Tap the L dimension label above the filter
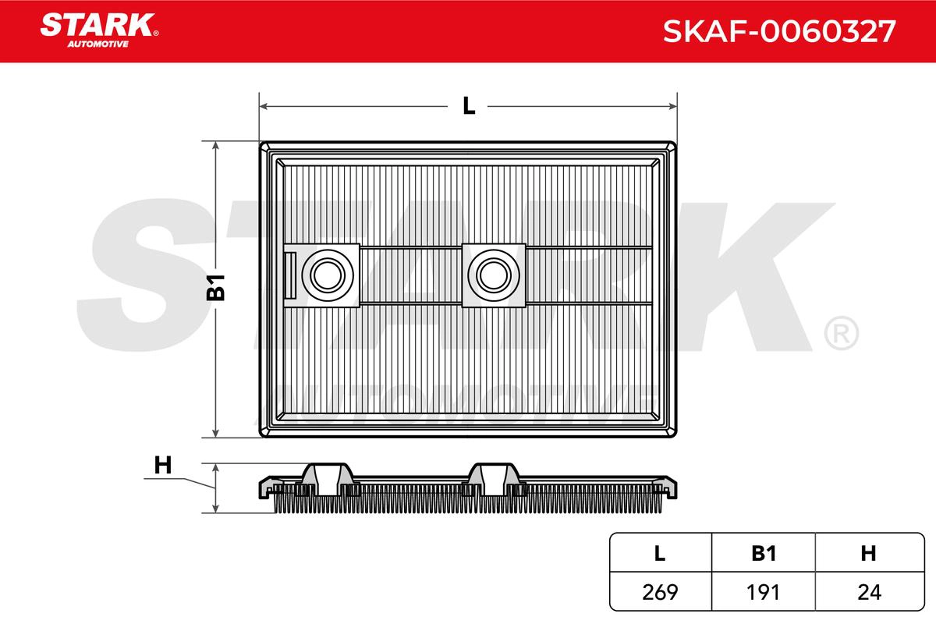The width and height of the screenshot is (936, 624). (x=468, y=105)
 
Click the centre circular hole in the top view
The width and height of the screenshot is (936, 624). (x=492, y=274)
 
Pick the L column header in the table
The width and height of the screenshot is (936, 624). (x=659, y=554)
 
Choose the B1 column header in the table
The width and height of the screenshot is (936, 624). (x=764, y=554)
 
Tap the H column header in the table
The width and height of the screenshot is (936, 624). (x=868, y=554)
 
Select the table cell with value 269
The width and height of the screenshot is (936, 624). (x=659, y=592)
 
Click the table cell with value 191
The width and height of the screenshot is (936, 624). (x=764, y=592)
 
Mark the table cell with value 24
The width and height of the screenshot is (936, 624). (x=868, y=592)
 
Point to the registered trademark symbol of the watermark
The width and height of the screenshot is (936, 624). (x=841, y=334)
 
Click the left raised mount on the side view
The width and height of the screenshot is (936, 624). (x=326, y=477)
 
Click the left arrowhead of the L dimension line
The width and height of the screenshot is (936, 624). (x=264, y=105)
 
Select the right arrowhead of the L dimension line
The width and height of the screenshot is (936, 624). (x=672, y=105)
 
